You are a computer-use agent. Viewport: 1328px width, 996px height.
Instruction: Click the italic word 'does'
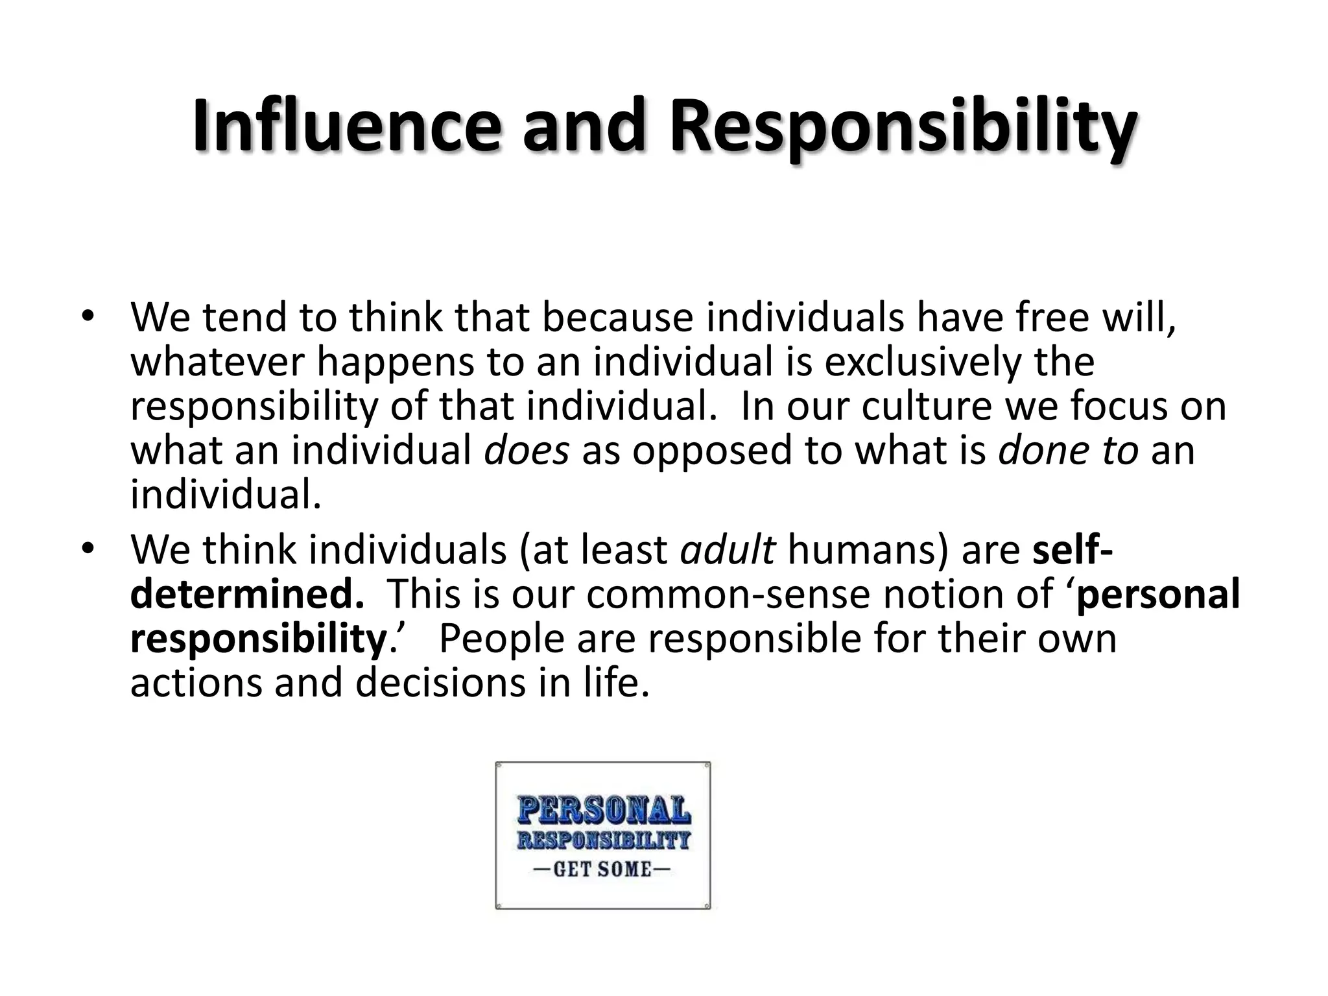pyautogui.click(x=527, y=450)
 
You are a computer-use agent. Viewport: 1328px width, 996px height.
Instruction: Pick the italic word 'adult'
pyautogui.click(x=728, y=550)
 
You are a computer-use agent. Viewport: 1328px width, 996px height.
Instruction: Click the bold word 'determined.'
pyautogui.click(x=247, y=594)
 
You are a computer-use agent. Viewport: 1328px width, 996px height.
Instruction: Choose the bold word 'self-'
pyautogui.click(x=1073, y=550)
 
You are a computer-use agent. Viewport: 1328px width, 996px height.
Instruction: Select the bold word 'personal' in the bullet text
pyautogui.click(x=1157, y=594)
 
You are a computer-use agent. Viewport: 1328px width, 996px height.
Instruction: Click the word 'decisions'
pyautogui.click(x=440, y=682)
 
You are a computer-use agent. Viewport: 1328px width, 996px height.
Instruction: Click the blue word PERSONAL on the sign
pyautogui.click(x=603, y=811)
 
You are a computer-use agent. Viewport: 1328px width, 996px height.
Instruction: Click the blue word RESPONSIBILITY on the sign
pyautogui.click(x=603, y=841)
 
